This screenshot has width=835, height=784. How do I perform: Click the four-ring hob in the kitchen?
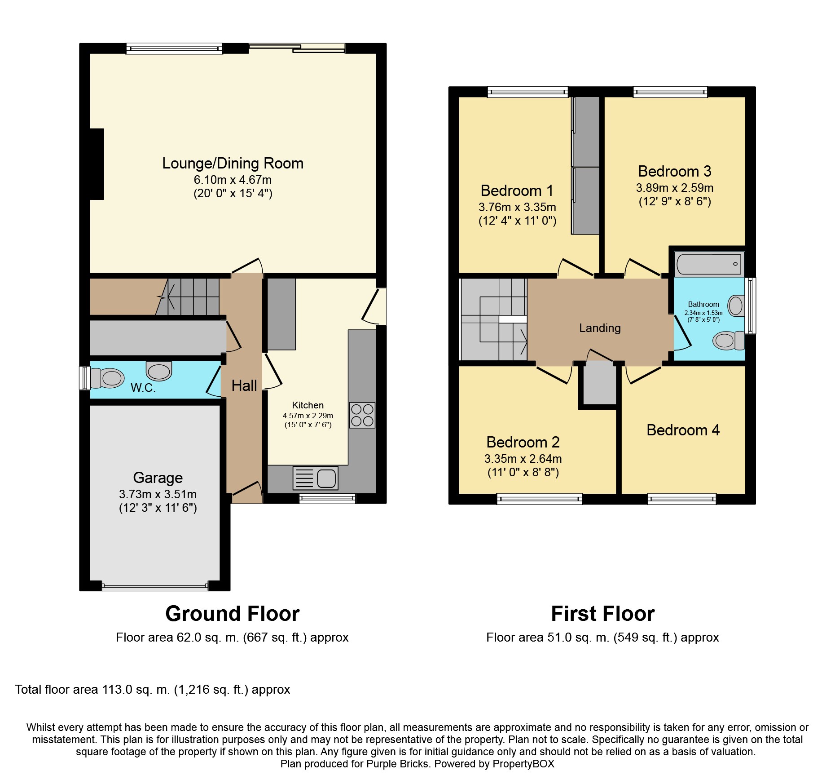(362, 415)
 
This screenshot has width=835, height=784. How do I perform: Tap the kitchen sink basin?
(326, 478)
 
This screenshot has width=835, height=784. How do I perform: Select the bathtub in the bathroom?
(709, 264)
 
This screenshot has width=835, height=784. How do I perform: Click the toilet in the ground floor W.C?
(108, 378)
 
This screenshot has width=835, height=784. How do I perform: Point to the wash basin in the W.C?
(159, 371)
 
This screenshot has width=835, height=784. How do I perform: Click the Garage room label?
(158, 478)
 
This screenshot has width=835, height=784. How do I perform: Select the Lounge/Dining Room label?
(233, 164)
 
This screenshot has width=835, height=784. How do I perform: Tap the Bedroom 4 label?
(682, 430)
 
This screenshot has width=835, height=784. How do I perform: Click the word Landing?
(600, 328)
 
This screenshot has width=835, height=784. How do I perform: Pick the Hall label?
(244, 385)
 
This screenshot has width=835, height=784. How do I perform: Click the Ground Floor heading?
(232, 614)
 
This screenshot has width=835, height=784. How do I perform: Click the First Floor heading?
(602, 614)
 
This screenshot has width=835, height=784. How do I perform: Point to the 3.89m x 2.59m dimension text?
(674, 188)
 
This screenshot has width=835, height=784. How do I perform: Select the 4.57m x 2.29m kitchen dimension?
(308, 416)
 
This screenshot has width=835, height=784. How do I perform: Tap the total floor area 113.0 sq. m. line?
(153, 690)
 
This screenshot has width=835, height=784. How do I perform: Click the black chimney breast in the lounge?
(97, 164)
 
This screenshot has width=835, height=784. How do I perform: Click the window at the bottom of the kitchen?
(327, 498)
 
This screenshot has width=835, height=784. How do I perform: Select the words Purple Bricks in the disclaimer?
(397, 764)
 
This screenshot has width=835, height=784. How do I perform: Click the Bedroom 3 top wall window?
(670, 92)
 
